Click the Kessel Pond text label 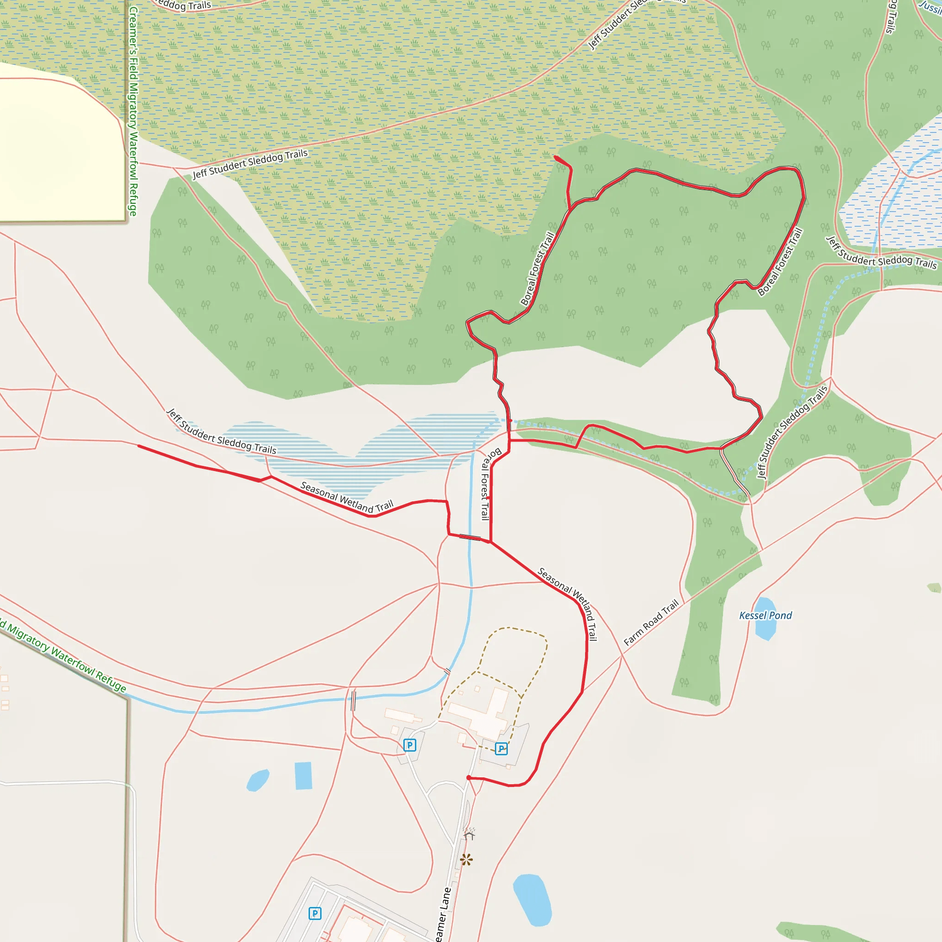[x=765, y=615]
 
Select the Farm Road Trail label [x=651, y=623]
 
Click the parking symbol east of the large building [x=501, y=748]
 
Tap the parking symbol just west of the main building [x=409, y=745]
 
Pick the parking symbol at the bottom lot [x=315, y=913]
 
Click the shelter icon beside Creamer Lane [x=469, y=835]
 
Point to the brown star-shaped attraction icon [x=466, y=860]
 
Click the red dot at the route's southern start [x=469, y=778]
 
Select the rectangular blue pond [x=303, y=775]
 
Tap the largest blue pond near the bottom [x=533, y=900]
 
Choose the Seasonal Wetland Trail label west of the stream [x=347, y=497]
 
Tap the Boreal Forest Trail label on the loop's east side [x=780, y=262]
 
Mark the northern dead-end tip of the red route [x=556, y=157]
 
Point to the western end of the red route [x=139, y=446]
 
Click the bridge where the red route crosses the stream [x=470, y=538]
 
